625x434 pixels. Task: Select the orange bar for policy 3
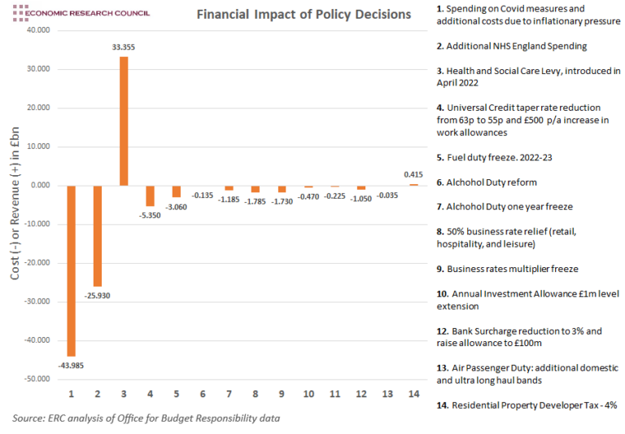click(124, 121)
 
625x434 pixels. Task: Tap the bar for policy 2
click(98, 235)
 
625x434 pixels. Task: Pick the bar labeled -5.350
click(150, 195)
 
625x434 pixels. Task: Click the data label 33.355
click(124, 48)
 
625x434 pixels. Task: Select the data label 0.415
click(413, 174)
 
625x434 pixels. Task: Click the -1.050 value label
click(361, 198)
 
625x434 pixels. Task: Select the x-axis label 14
click(413, 394)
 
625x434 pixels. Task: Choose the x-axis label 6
click(203, 394)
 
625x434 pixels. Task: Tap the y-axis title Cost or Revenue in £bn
click(15, 204)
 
